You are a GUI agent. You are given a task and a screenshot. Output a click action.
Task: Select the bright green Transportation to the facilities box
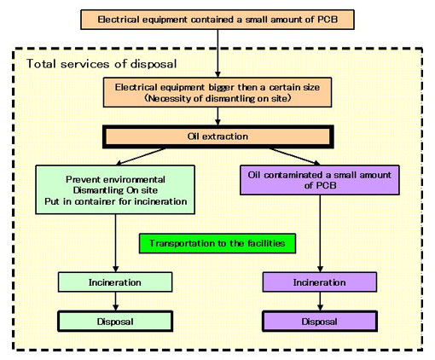pos(216,243)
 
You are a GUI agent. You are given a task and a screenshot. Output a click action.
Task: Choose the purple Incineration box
pos(318,281)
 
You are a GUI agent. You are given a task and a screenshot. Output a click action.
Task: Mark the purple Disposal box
pos(318,322)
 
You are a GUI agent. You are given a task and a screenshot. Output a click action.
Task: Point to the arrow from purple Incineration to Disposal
pos(318,301)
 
